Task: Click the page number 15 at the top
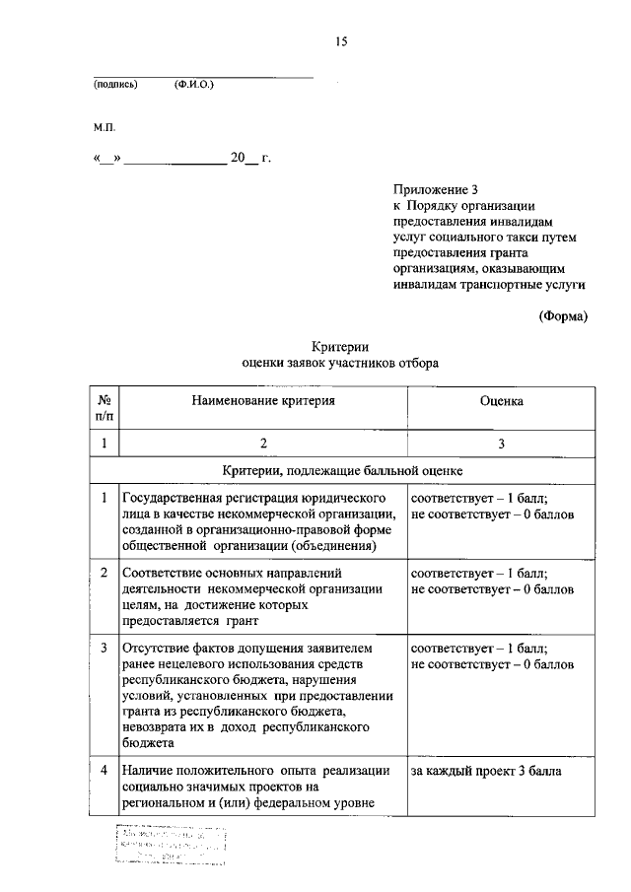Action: tap(341, 41)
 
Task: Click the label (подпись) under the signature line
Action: tap(115, 86)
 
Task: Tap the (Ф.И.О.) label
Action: tap(193, 86)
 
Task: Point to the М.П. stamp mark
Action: tap(105, 127)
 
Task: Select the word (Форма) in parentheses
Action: tap(563, 316)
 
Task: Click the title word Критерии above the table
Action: tap(340, 346)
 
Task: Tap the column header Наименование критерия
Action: tap(263, 401)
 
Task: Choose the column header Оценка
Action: tap(501, 401)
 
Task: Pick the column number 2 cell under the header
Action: tap(263, 445)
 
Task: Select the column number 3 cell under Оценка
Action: tap(501, 445)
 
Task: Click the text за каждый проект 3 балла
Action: tap(486, 771)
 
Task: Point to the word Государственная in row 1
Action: tap(174, 498)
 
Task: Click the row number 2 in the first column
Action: tap(105, 573)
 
